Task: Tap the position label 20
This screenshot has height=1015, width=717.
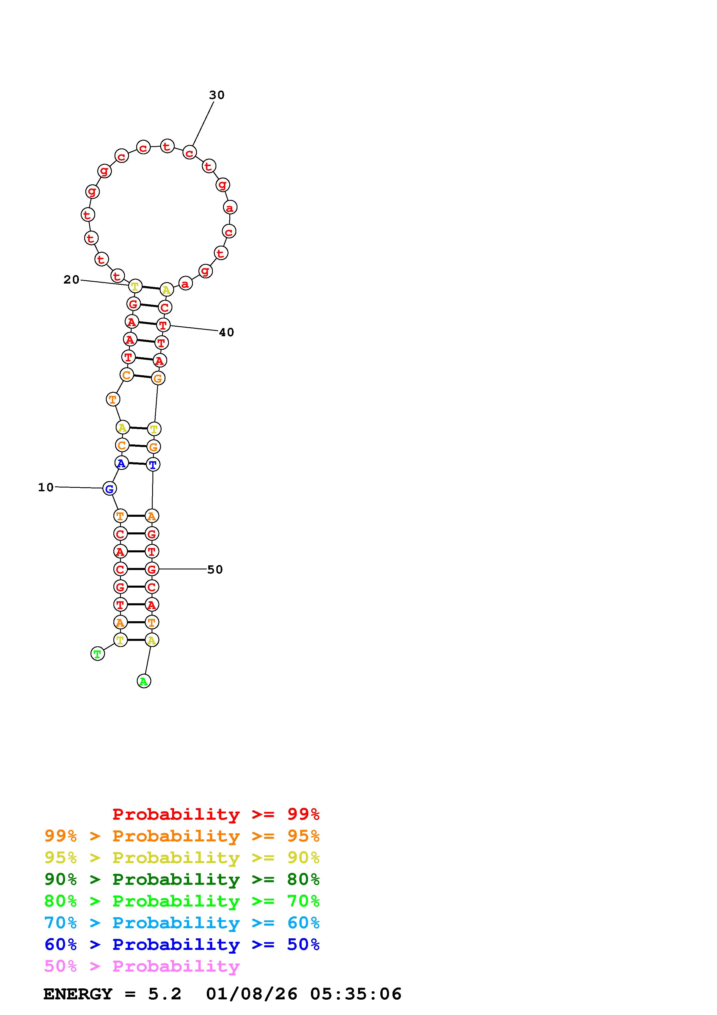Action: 71,280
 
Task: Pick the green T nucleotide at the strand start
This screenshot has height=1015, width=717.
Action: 98,653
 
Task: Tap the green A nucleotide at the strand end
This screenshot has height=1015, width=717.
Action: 143,681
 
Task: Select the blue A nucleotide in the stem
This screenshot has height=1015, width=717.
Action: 121,463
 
